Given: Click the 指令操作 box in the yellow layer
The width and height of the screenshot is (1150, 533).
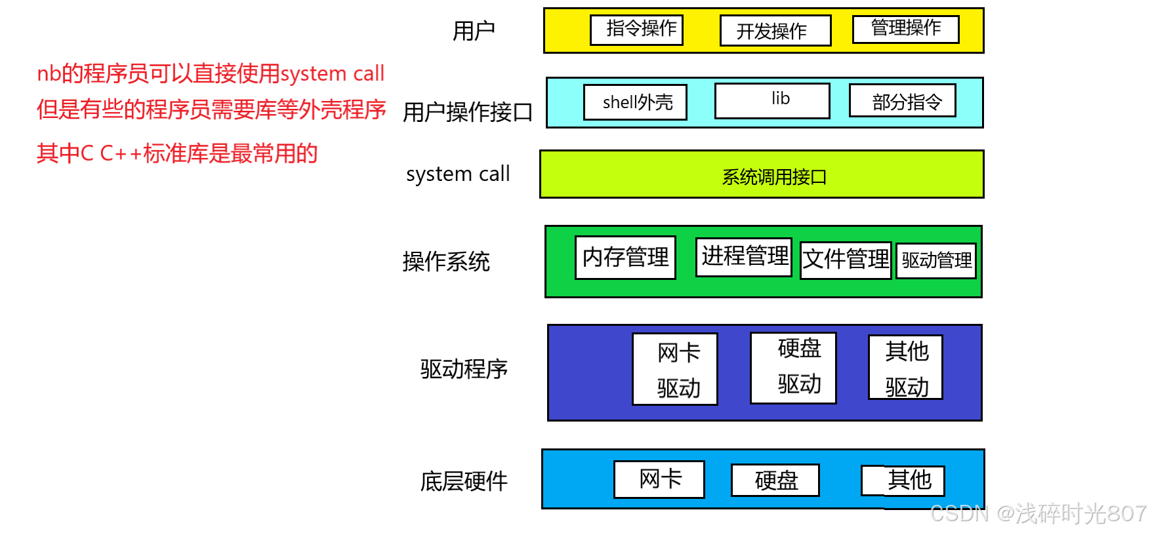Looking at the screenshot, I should [636, 30].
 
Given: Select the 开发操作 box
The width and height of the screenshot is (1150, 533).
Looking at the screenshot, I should [775, 31].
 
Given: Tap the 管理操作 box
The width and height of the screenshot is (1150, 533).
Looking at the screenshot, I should [905, 29].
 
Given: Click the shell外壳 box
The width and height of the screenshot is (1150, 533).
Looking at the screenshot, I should [635, 102].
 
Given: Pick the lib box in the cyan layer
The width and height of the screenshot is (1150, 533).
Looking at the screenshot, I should [772, 100].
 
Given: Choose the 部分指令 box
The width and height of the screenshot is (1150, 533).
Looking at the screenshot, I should [902, 101].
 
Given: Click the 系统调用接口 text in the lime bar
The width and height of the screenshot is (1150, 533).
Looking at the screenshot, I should [774, 177].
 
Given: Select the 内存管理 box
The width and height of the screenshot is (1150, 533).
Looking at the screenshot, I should [625, 258].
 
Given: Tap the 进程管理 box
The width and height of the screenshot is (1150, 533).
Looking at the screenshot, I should [744, 256].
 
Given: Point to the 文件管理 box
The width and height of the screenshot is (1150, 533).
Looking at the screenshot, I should [846, 260].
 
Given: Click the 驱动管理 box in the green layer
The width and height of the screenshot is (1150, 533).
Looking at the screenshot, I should [936, 261].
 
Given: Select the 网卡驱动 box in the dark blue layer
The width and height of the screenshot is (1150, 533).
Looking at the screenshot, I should [675, 369].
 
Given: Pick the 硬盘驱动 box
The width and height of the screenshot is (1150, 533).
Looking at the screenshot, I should [793, 368].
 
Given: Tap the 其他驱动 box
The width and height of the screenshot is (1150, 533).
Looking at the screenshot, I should [905, 368].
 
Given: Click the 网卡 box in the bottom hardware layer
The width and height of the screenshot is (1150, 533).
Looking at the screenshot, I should [659, 479].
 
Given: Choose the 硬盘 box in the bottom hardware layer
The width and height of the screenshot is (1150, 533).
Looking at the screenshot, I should [775, 481].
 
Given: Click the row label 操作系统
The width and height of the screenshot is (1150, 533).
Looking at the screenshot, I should [446, 262].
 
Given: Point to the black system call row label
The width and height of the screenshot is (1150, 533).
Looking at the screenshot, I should [457, 174].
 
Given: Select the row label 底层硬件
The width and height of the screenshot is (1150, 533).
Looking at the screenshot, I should [464, 482].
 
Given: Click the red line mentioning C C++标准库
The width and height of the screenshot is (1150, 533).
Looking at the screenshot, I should [177, 153].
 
